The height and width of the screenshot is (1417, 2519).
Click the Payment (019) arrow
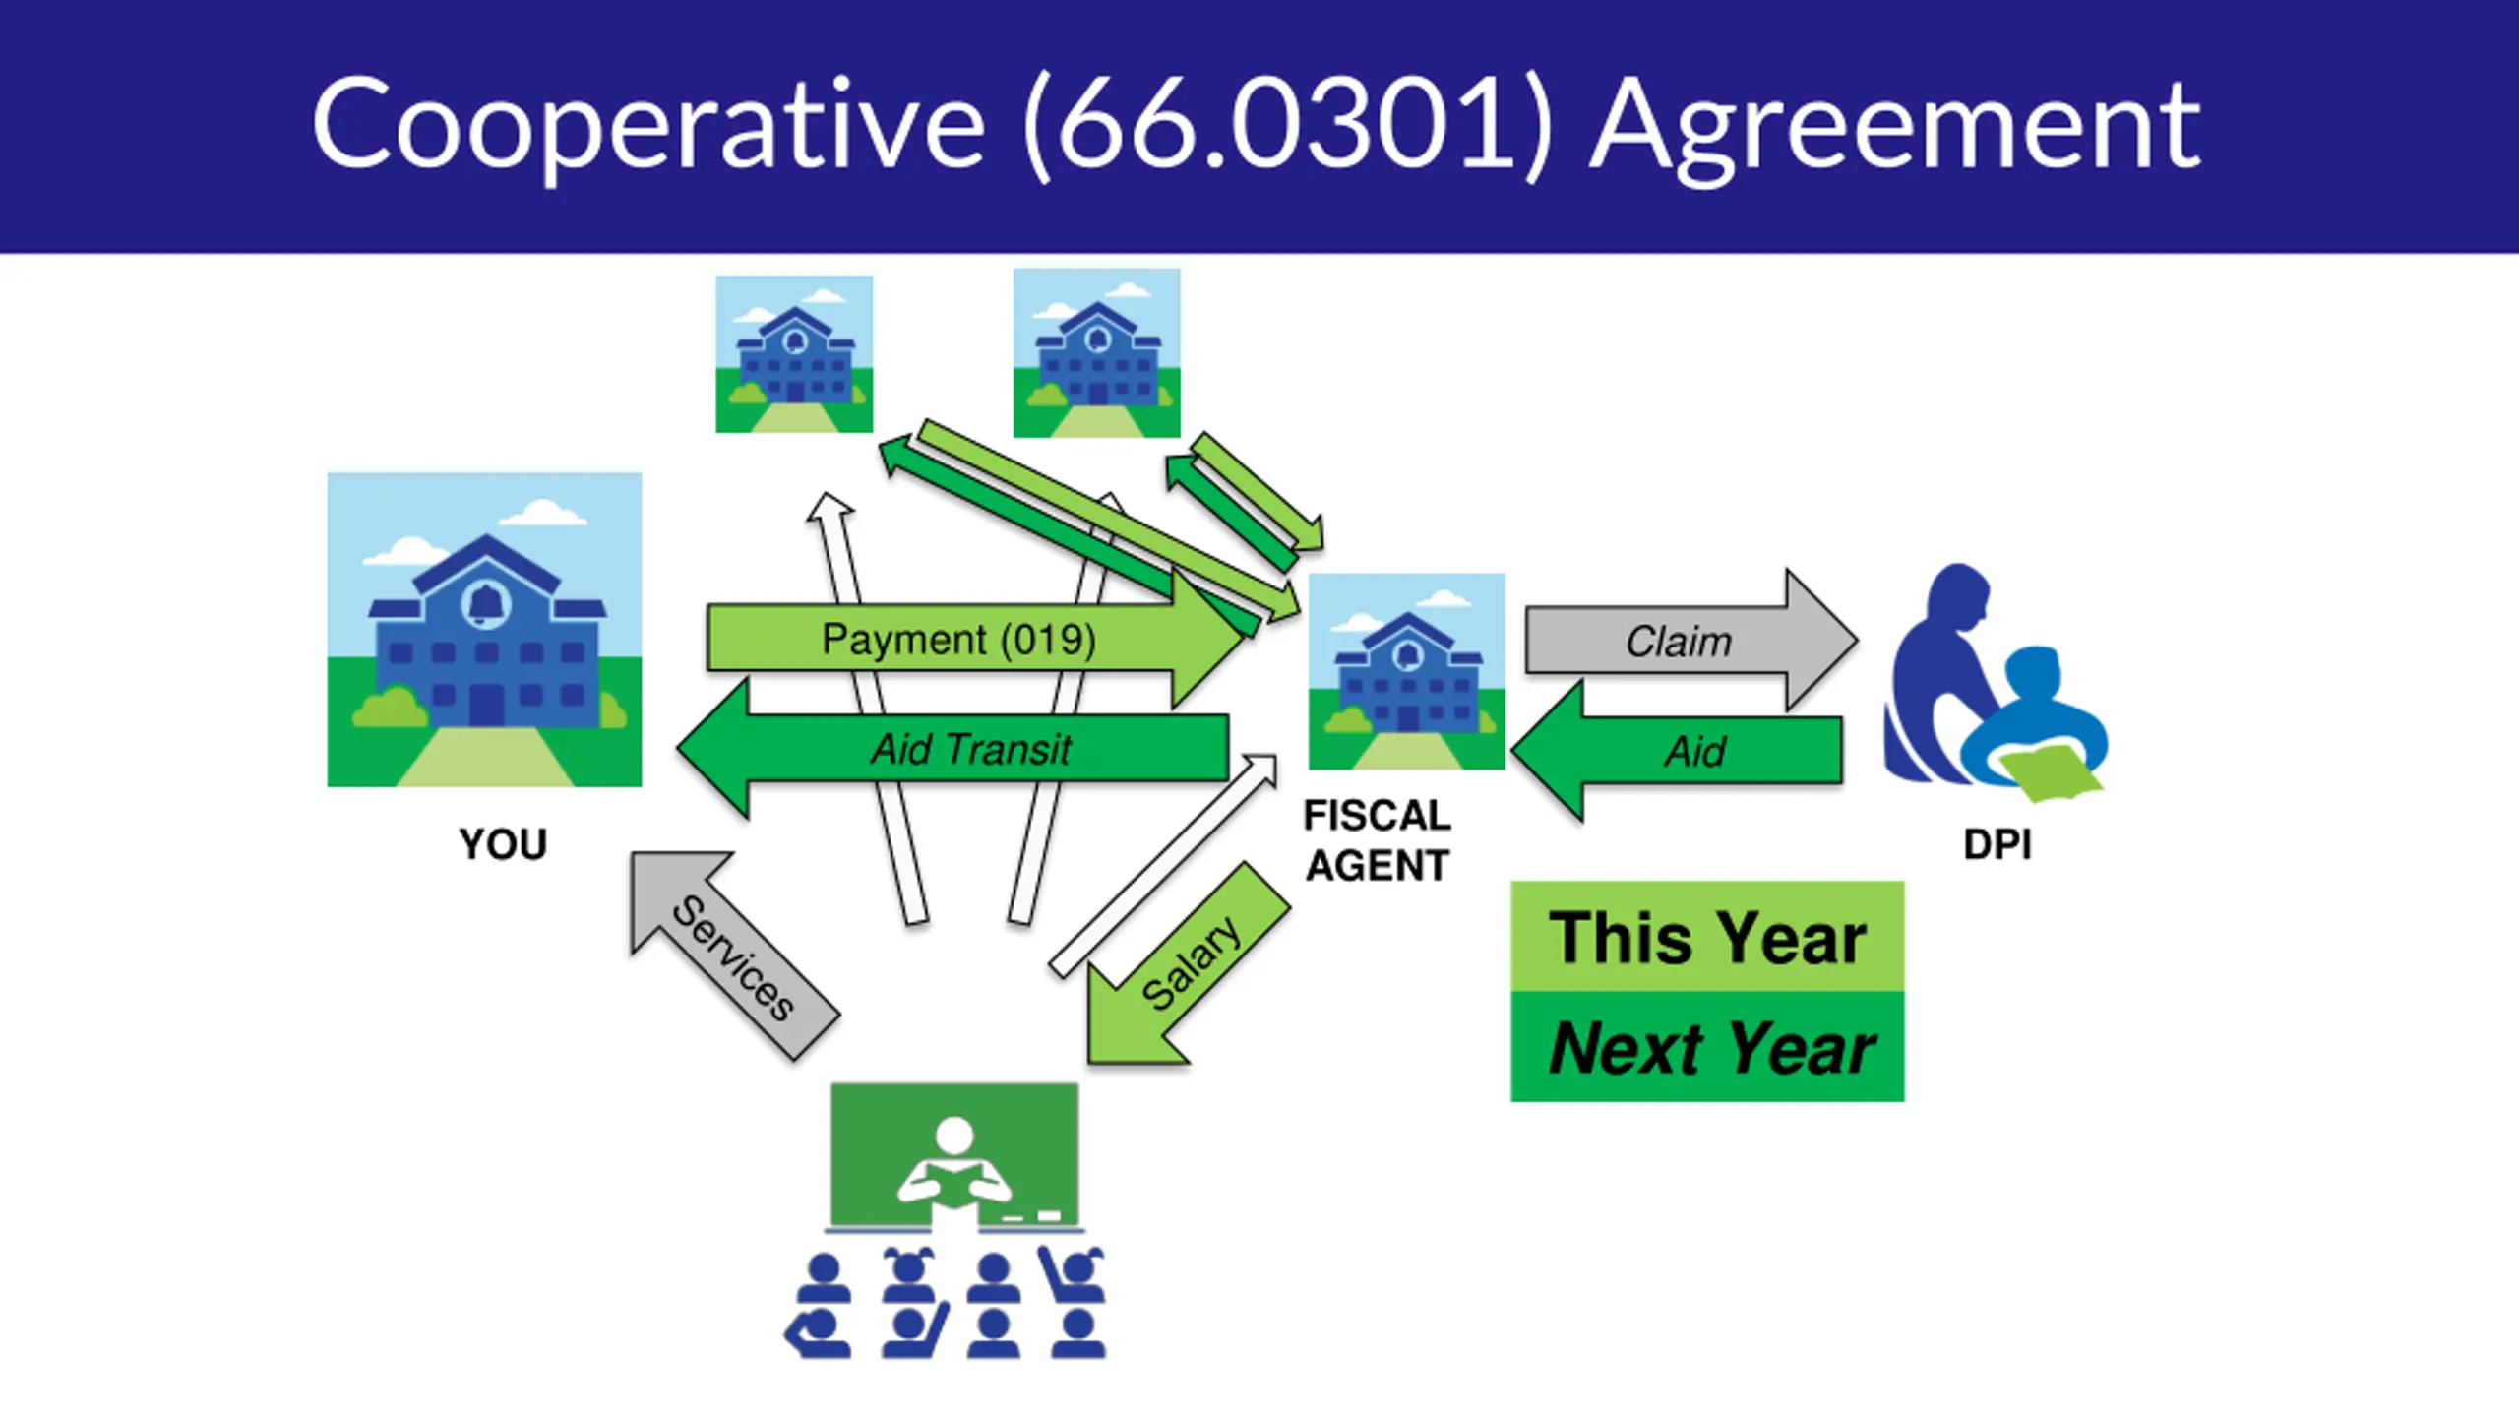point(958,641)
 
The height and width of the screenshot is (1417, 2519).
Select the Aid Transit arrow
point(969,750)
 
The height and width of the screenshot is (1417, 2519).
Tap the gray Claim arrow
point(1679,642)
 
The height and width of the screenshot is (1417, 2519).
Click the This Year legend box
point(1707,937)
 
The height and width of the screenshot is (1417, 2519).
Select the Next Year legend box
point(1707,1048)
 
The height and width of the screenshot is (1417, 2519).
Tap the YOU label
point(503,845)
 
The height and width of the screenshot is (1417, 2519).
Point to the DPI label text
point(1997,845)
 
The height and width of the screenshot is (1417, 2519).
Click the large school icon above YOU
point(484,630)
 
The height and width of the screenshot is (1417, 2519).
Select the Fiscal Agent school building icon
point(1406,671)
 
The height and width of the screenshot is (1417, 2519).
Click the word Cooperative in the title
point(648,126)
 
